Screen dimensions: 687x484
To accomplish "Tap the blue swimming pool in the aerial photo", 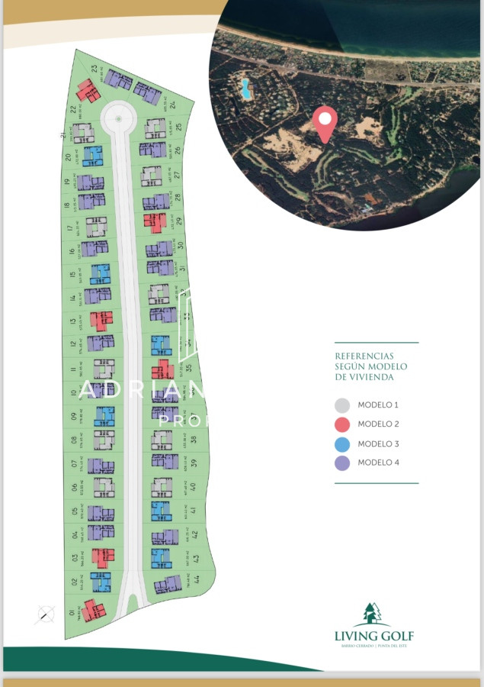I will pyautogui.click(x=246, y=89).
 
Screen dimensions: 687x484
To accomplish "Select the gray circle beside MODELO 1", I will pyautogui.click(x=342, y=405).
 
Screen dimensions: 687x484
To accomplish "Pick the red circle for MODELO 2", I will pyautogui.click(x=342, y=424).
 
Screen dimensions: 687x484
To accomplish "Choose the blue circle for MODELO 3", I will pyautogui.click(x=342, y=443).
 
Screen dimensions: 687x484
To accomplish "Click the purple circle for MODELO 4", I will pyautogui.click(x=342, y=463).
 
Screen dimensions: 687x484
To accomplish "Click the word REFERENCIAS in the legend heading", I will pyautogui.click(x=364, y=356).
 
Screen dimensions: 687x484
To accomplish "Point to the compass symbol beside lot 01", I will pyautogui.click(x=46, y=613).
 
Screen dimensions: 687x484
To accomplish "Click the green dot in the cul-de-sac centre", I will pyautogui.click(x=118, y=118).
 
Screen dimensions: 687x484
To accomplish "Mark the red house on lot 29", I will pyautogui.click(x=155, y=222).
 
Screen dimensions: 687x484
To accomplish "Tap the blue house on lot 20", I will pyautogui.click(x=92, y=156).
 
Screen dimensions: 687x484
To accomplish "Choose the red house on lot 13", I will pyautogui.click(x=101, y=321).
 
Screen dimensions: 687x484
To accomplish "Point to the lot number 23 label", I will pyautogui.click(x=93, y=69).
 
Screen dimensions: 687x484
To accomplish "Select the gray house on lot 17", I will pyautogui.click(x=96, y=227).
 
